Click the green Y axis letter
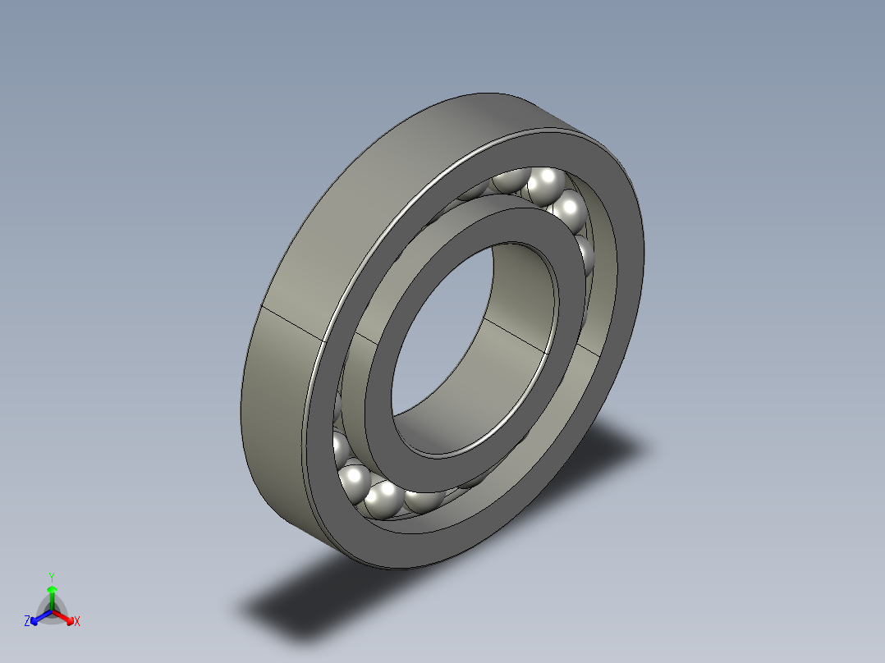(x=52, y=578)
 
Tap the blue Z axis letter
(x=27, y=621)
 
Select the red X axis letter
(x=77, y=621)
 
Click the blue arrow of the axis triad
(x=41, y=617)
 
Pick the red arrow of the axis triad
(x=62, y=617)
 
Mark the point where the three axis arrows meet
(x=52, y=611)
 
